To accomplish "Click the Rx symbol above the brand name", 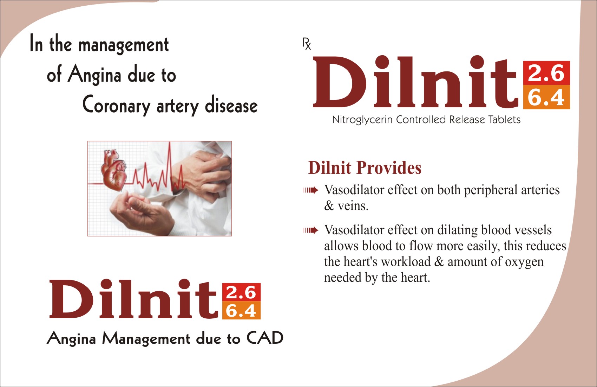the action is coord(307,44).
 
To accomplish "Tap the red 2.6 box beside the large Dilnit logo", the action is coord(546,73).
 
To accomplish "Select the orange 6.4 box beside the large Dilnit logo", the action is coord(546,97).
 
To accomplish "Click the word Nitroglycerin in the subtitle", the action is coord(362,120).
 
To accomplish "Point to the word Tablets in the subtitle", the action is coord(504,119).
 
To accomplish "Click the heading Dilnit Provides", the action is coord(365,168).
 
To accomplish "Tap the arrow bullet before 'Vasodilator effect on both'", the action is coord(311,190).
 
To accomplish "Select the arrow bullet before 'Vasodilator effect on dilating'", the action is coord(311,230).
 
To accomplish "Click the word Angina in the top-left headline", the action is coord(94,75).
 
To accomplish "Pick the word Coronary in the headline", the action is coord(116,105).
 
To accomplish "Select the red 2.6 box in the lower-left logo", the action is coord(241,292).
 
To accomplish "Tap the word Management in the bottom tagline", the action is coord(146,339).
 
